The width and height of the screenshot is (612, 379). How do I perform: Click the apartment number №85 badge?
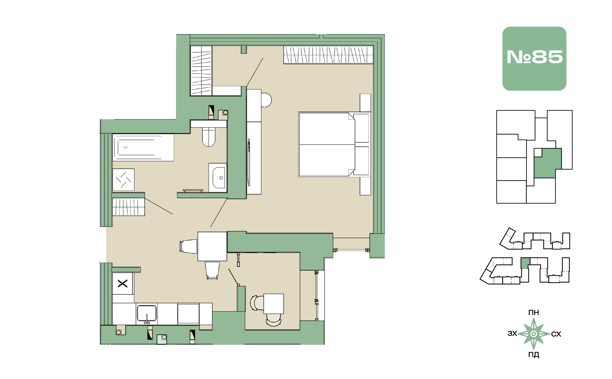(x=534, y=59)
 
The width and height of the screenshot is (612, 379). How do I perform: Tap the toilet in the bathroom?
(x=208, y=137)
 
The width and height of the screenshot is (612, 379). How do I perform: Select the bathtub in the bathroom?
(x=143, y=147)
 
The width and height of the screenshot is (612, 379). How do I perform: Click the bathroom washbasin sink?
(x=218, y=178)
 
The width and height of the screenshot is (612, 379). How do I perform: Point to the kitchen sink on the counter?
(x=147, y=313)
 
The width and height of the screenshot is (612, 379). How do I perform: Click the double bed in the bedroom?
(x=334, y=144)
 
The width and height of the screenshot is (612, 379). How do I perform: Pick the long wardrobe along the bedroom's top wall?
(x=328, y=55)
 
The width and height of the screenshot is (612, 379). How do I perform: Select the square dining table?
(x=212, y=246)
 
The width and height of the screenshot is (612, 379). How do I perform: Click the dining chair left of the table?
(x=188, y=246)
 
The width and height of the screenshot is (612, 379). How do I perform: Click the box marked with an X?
(x=123, y=284)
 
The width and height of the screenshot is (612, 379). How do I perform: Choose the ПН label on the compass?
(x=534, y=313)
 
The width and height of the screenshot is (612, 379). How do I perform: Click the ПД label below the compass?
(x=534, y=355)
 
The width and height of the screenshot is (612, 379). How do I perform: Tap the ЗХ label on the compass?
(x=512, y=333)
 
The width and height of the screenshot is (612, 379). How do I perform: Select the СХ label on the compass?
(x=556, y=334)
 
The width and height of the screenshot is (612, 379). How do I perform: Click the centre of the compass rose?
(x=534, y=334)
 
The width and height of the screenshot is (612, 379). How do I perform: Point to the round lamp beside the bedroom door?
(x=266, y=100)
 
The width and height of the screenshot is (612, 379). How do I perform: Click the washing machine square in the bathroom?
(x=123, y=180)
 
